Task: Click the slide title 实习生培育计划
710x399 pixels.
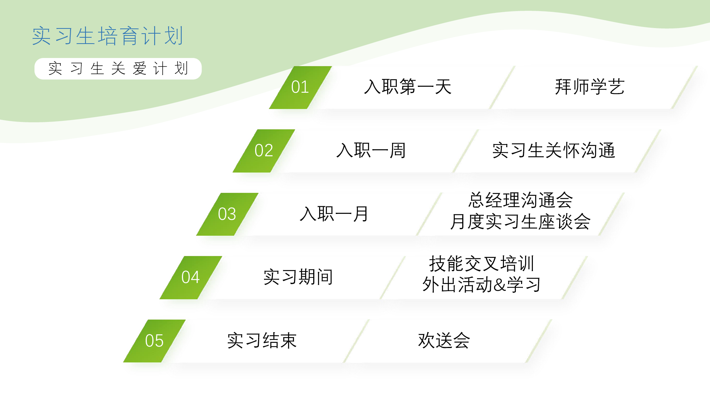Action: point(108,36)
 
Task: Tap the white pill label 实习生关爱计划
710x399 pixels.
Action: point(118,69)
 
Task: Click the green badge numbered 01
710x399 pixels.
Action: point(300,88)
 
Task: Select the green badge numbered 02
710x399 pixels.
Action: point(264,151)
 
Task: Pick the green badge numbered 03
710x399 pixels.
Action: point(227,214)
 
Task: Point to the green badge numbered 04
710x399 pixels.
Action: point(191,277)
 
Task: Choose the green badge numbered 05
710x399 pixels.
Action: point(154,341)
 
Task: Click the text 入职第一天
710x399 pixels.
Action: point(408,87)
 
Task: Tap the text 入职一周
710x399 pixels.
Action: point(371,151)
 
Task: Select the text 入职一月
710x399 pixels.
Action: point(334,214)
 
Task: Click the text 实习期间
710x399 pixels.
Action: point(298,277)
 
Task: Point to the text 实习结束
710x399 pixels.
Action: point(262,341)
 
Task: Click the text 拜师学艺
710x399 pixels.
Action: point(590,87)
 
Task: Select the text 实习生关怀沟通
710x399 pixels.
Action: point(554,151)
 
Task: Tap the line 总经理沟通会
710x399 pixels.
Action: point(521,200)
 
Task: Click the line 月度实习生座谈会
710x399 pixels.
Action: point(521,222)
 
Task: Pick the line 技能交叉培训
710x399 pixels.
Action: point(481,264)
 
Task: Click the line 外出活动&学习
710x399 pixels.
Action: point(481,285)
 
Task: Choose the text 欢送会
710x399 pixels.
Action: point(444,341)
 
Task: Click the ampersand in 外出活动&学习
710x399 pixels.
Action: point(500,285)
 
